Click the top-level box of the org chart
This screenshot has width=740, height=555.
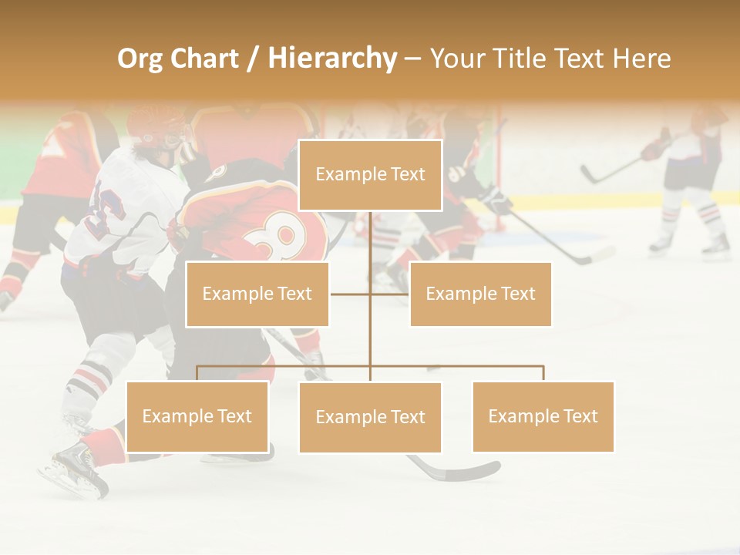tap(370, 175)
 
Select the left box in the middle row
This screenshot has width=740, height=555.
tap(257, 294)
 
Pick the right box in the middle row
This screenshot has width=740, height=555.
tap(480, 294)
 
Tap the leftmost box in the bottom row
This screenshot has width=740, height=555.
tap(197, 416)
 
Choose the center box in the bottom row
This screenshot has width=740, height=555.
tap(370, 417)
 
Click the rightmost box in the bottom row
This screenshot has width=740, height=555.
tap(543, 416)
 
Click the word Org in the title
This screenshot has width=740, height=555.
tap(140, 59)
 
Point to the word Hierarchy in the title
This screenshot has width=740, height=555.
tap(332, 59)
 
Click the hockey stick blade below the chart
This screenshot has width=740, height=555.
tap(462, 471)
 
